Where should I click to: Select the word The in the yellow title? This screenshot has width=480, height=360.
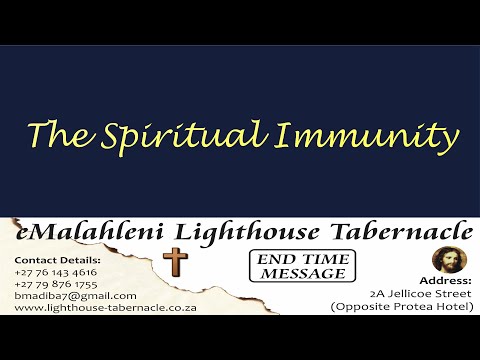coord(57,134)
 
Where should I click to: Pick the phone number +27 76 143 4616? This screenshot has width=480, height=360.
coord(56,271)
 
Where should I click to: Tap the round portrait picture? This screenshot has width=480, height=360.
coord(446,260)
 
